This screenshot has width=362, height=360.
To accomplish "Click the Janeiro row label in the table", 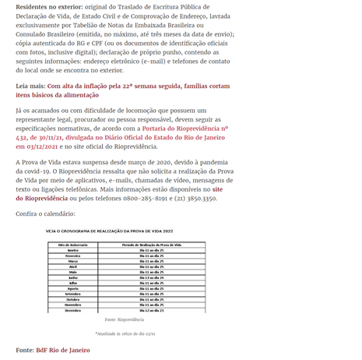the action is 73,249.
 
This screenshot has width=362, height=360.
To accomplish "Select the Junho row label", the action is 73,277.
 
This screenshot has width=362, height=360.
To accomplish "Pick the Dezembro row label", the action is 73,310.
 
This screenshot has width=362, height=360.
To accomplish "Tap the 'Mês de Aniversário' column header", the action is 73,244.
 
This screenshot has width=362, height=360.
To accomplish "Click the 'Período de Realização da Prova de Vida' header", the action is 152,244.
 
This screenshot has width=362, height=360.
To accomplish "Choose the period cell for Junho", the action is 152,277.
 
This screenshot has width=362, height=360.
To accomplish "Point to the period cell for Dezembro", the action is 152,310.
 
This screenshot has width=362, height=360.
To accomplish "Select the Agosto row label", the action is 73,288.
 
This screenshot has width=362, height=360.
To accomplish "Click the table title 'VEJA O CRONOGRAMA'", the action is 109,231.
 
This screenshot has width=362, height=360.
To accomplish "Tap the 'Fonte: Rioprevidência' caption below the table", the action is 125,319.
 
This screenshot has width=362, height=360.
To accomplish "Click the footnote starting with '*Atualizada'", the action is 125,334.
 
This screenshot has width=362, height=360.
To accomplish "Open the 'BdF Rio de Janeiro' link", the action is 63,350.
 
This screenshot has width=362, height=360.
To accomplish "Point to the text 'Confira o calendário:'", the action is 45,214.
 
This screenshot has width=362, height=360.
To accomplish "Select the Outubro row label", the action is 73,298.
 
